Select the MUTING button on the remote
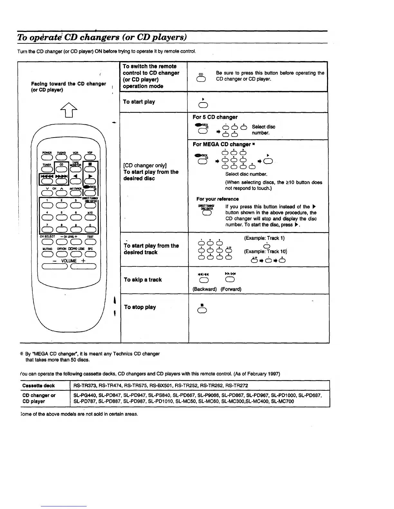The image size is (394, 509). coord(47,254)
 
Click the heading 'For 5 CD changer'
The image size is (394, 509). coord(215,117)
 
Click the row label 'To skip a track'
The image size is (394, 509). coord(143,280)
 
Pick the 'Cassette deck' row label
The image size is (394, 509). coord(39,386)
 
